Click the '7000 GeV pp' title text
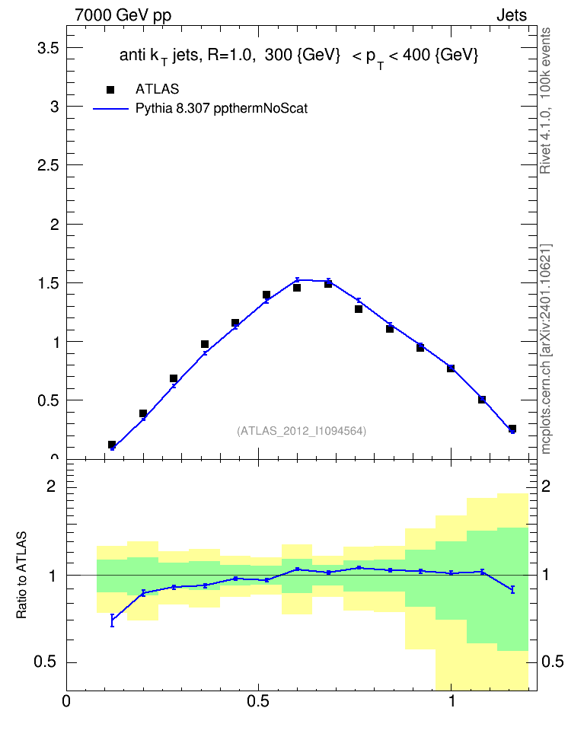tap(123, 15)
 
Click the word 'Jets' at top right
tap(512, 15)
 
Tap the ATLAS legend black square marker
tap(110, 89)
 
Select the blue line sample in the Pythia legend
tap(110, 109)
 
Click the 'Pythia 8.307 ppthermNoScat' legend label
tap(222, 109)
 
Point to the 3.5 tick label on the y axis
tap(48, 48)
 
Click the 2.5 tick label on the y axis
tap(48, 165)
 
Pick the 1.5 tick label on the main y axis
tap(48, 283)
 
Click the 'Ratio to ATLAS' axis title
tap(22, 575)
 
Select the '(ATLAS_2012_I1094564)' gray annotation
tap(302, 431)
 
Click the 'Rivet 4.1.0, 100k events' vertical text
tap(545, 100)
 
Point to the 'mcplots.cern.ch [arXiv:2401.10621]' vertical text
tap(545, 349)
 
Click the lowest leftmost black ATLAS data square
tap(112, 445)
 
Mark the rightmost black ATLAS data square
tap(512, 429)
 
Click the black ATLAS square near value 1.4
tap(266, 295)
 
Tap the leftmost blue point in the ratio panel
tap(113, 620)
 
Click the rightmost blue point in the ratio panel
tap(512, 589)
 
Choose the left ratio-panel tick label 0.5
tap(45, 662)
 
